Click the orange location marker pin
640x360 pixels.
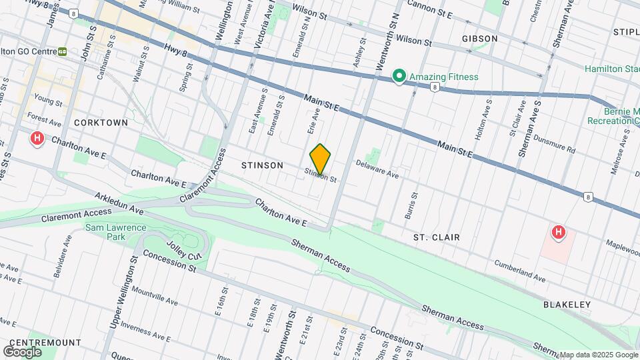[321, 159]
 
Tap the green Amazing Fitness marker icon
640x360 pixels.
[399, 77]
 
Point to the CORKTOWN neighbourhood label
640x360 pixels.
[101, 123]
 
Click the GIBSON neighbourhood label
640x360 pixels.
[479, 39]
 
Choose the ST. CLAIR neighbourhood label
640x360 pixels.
[436, 237]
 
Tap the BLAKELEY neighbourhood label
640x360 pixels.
[567, 305]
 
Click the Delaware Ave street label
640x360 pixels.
[377, 169]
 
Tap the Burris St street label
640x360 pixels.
[412, 206]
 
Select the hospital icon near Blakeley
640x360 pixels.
[559, 233]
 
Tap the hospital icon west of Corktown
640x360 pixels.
[37, 139]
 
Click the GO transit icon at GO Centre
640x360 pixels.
[63, 51]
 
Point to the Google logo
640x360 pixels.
[22, 351]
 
